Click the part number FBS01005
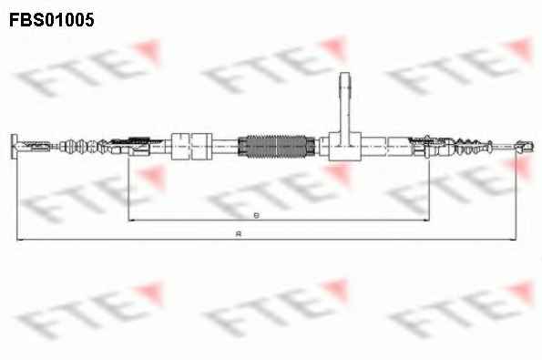[52, 19]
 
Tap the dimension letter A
[238, 234]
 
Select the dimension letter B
[256, 215]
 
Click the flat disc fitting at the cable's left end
[14, 147]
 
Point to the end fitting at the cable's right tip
[526, 146]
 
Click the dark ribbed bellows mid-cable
[277, 147]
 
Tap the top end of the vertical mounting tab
[345, 74]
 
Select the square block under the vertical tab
[345, 147]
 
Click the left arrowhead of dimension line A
[19, 239]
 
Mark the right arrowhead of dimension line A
[514, 239]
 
